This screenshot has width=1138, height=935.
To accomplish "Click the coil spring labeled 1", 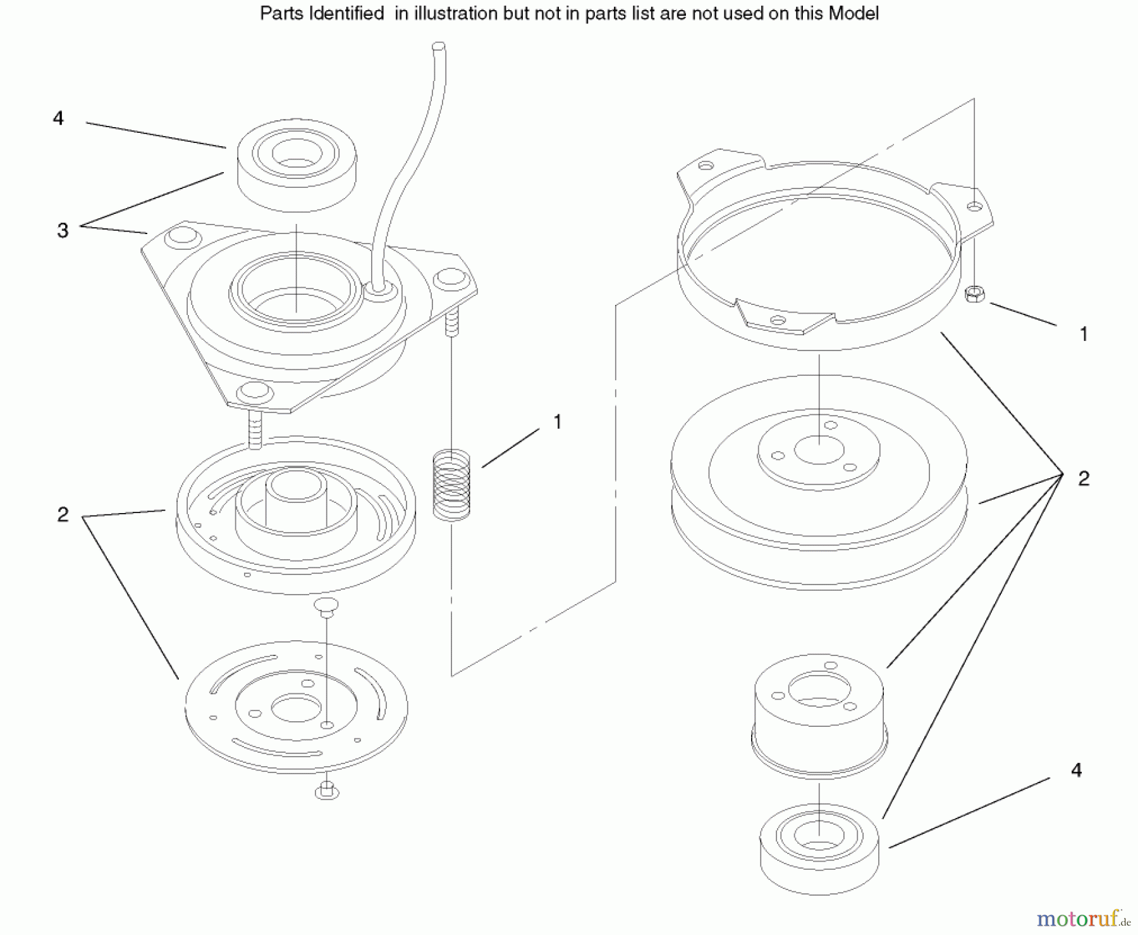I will coord(451,485).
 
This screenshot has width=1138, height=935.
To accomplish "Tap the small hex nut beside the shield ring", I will coord(974,294).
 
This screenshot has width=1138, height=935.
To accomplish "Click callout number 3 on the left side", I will coord(63,230).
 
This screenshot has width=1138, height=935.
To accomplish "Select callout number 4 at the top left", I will coord(58,118).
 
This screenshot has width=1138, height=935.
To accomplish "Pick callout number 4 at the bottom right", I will coord(1076,770).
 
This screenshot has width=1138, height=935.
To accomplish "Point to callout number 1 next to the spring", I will coord(557,422).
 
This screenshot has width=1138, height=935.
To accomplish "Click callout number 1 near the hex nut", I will coord(1084,334).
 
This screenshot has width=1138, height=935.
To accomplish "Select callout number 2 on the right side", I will coord(1084,478).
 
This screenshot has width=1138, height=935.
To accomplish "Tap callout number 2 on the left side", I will coord(63,514).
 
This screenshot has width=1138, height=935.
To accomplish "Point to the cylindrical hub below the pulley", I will coord(819,712).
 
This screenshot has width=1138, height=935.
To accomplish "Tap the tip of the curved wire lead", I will coord(439,46).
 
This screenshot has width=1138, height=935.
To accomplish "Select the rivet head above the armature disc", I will coord(326,604).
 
